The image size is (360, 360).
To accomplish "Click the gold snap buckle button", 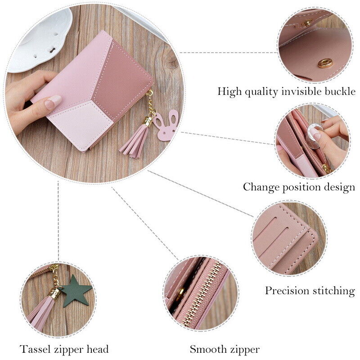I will point(324,63).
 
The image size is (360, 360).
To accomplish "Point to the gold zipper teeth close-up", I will point(205,292).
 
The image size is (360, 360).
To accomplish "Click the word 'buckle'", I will point(340,92).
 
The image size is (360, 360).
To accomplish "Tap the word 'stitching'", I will point(335,291).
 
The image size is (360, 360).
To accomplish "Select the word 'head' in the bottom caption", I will point(98,349).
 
